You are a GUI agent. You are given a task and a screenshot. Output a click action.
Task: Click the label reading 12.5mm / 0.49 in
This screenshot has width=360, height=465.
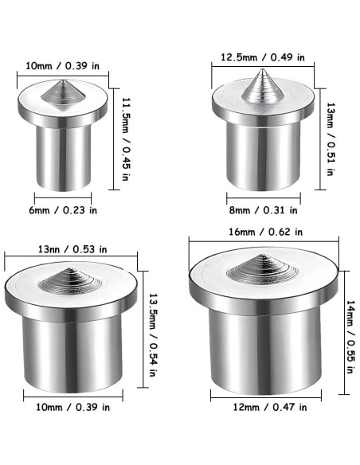click(x=263, y=57)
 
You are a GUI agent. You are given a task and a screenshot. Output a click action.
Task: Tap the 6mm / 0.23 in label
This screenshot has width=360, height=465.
click(x=63, y=210)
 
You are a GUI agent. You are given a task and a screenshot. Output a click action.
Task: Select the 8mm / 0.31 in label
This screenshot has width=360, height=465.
click(x=264, y=210)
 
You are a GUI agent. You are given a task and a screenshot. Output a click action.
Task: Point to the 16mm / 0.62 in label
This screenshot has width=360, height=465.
click(x=265, y=232)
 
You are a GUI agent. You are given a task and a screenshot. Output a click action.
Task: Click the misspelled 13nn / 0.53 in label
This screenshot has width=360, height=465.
click(x=72, y=249)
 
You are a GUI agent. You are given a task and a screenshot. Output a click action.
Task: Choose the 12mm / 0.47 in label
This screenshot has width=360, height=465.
click(x=270, y=407)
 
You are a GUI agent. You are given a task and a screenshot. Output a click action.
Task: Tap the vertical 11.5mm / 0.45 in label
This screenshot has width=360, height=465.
click(x=126, y=139)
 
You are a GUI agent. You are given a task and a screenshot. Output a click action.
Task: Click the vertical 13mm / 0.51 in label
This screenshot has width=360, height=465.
click(x=331, y=139)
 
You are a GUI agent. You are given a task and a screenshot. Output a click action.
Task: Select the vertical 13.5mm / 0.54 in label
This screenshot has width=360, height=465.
click(x=152, y=335)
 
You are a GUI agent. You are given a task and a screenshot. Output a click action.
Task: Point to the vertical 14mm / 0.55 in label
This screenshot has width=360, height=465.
click(x=350, y=337)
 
